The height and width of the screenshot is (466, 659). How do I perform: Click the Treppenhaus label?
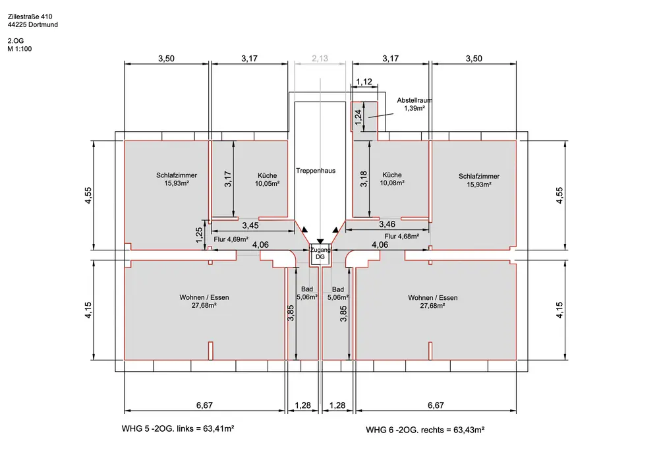click(316, 170)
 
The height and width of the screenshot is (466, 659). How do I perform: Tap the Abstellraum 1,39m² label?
click(414, 103)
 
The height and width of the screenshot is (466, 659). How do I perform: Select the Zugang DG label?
click(320, 254)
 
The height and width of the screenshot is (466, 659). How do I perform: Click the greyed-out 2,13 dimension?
click(320, 59)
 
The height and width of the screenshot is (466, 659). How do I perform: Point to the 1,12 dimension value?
click(364, 82)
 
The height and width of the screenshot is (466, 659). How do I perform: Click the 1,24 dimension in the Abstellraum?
click(358, 117)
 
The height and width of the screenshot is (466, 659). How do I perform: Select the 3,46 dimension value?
click(387, 225)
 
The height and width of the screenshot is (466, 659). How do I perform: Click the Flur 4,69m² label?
click(231, 239)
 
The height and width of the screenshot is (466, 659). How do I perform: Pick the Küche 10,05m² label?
click(267, 179)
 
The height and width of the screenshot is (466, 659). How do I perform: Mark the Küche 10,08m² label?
click(393, 179)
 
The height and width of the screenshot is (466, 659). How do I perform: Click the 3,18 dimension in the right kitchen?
click(363, 179)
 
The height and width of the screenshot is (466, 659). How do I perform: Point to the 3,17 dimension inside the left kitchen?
click(227, 179)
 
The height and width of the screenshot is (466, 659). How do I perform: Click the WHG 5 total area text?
click(179, 428)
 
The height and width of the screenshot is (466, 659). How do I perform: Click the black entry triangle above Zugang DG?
click(320, 243)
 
